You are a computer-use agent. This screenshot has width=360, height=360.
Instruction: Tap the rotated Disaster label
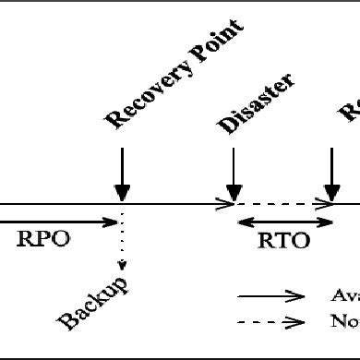257,103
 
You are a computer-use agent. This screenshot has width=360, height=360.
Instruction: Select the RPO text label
42,240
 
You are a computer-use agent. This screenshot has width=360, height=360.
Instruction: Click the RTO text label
284,242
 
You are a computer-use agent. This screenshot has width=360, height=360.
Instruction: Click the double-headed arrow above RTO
285,222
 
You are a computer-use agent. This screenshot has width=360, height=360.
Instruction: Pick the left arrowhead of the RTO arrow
242,222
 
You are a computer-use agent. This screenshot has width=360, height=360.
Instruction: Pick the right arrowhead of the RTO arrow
329,222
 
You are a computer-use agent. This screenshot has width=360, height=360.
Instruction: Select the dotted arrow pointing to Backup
122,249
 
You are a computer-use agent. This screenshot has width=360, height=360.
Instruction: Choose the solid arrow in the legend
271,296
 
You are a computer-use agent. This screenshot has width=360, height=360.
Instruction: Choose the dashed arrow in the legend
271,321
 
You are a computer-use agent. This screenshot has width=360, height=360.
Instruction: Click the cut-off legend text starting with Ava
344,296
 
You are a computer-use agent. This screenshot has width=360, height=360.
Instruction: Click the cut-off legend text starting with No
344,321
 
